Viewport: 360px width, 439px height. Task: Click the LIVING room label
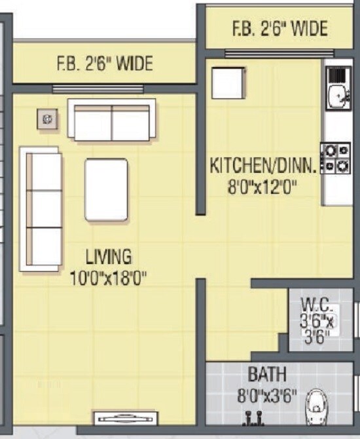(109, 255)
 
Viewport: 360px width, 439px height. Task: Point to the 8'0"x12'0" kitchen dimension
(262, 188)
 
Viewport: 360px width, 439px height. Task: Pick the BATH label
(267, 375)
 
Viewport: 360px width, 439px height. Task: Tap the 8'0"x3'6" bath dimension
(267, 396)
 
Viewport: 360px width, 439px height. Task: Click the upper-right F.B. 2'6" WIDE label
(279, 29)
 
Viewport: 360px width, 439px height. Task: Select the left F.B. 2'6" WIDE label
(105, 64)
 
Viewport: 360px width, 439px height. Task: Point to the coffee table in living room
(106, 189)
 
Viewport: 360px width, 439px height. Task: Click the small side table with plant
(48, 119)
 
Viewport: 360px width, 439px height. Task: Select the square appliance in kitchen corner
(228, 81)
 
